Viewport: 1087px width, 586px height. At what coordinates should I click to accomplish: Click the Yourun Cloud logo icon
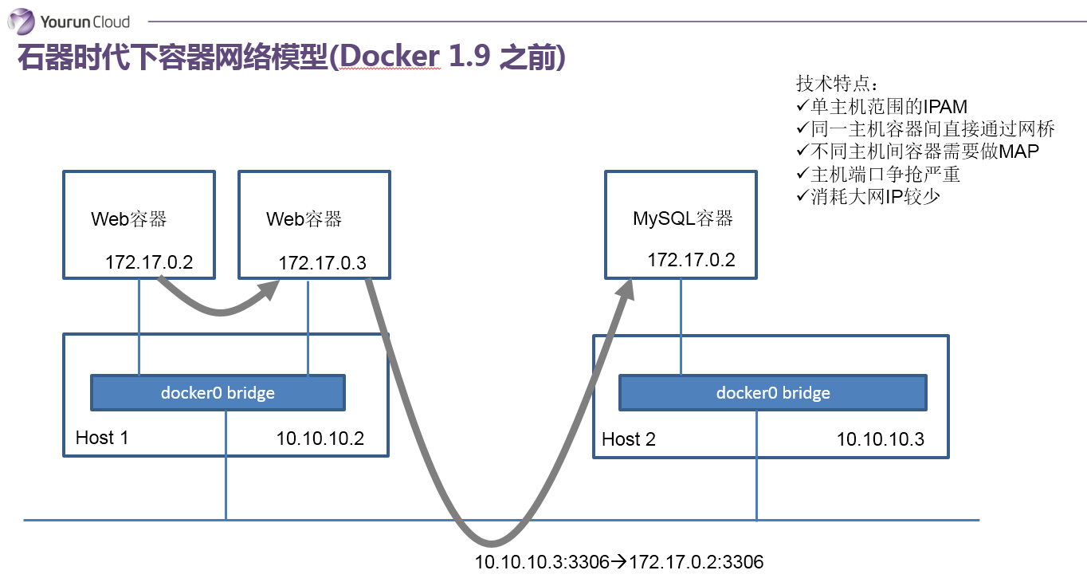click(22, 22)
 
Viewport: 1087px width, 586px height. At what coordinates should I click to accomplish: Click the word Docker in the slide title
click(390, 57)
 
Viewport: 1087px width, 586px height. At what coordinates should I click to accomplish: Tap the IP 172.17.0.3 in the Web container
click(322, 262)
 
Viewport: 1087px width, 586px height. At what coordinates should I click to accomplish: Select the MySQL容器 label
click(682, 218)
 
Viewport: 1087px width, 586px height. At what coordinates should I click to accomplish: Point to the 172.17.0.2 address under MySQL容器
click(691, 260)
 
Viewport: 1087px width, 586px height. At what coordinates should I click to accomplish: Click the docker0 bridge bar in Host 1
click(218, 392)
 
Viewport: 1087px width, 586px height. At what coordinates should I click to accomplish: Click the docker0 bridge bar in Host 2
click(773, 392)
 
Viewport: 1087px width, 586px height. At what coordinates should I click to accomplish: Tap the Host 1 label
click(102, 438)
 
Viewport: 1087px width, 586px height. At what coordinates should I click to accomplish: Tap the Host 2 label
click(629, 439)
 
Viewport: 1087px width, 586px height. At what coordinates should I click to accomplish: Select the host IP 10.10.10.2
click(320, 439)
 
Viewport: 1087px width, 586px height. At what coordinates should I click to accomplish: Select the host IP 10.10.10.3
click(881, 439)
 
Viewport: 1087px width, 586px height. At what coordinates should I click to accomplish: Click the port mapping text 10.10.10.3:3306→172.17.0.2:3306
click(618, 562)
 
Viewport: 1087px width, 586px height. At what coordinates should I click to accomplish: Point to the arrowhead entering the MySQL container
click(626, 289)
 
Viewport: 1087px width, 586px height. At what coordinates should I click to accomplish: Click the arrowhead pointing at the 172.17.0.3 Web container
click(269, 290)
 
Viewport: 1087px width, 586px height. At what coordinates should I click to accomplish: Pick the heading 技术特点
click(837, 84)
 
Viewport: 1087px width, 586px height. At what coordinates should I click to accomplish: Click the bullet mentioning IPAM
click(881, 106)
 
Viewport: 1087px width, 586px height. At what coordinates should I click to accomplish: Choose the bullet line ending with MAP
click(917, 151)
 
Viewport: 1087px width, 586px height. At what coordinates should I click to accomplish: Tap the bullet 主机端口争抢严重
click(878, 174)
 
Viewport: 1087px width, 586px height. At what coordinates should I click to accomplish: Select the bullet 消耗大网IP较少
click(868, 197)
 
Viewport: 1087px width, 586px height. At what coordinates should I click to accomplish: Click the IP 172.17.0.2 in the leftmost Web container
click(149, 262)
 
